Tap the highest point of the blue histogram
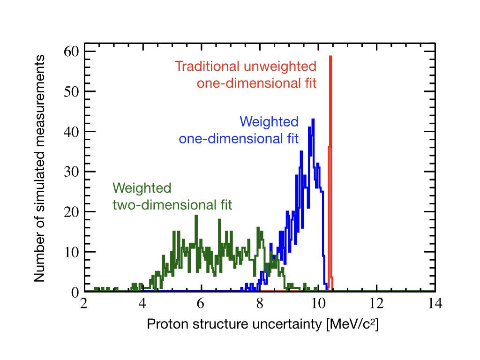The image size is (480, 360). click(313, 120)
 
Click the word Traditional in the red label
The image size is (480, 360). click(207, 66)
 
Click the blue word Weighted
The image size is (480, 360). click(269, 122)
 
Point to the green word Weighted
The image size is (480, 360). click(142, 188)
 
